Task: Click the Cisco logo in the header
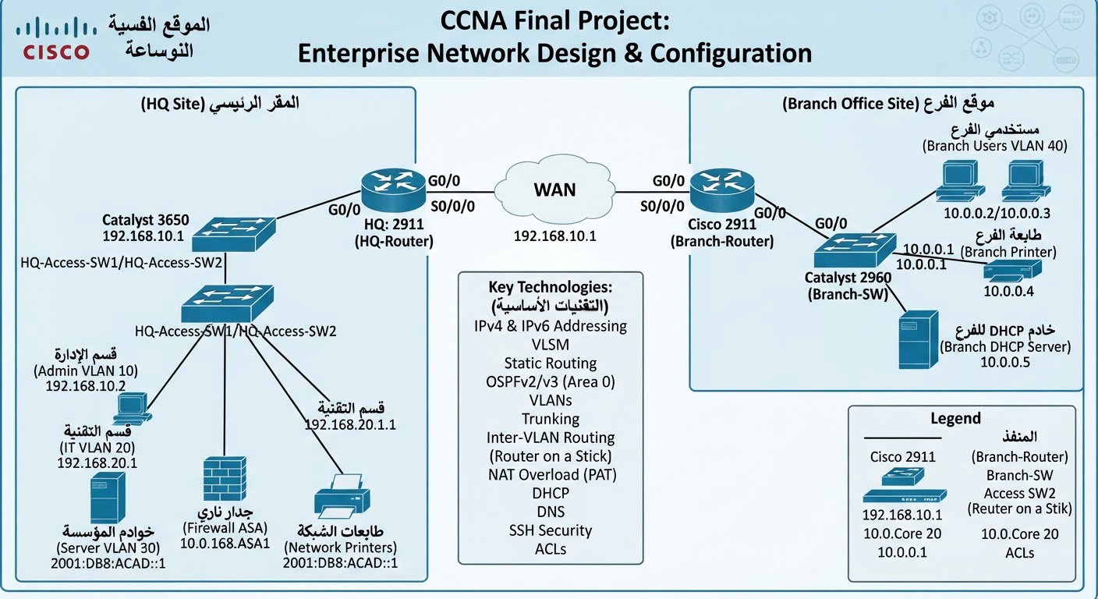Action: pos(56,38)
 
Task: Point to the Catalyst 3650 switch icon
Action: pos(233,234)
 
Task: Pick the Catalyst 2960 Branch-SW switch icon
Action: pos(855,250)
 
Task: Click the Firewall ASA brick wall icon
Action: pos(225,480)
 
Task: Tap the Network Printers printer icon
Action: pos(342,496)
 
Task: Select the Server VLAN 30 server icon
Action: pos(108,498)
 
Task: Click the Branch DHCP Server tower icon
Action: pos(919,340)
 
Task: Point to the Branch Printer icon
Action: pos(1012,271)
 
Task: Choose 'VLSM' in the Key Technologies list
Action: pos(551,345)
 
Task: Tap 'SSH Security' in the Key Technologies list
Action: pos(551,530)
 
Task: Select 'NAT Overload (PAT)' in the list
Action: pos(552,474)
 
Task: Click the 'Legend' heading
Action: pos(955,418)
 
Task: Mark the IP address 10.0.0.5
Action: pos(1005,362)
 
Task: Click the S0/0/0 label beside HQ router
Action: pos(452,207)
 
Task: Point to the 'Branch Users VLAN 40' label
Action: pos(994,146)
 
